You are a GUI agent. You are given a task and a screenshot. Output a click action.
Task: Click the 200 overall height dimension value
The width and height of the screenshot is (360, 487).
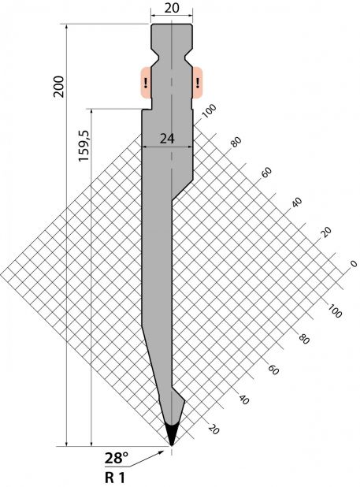coord(58,87)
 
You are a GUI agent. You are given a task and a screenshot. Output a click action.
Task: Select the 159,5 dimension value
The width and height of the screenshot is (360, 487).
coord(84,146)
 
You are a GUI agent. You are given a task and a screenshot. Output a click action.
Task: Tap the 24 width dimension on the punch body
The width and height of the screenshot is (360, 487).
coord(167,139)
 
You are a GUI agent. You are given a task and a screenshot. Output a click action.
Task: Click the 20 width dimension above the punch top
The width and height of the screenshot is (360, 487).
coord(172,9)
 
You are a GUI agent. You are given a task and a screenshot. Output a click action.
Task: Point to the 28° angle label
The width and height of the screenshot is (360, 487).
coord(117,458)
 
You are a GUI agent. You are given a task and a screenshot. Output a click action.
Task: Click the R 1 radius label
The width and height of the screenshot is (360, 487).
coord(115,478)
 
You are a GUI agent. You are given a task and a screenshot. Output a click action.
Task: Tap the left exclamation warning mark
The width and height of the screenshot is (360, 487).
coord(146,83)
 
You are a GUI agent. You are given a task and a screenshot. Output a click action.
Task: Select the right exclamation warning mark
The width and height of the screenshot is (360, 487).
coord(198,83)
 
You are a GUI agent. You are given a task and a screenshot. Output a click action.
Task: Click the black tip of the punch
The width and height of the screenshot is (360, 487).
coord(172,434)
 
